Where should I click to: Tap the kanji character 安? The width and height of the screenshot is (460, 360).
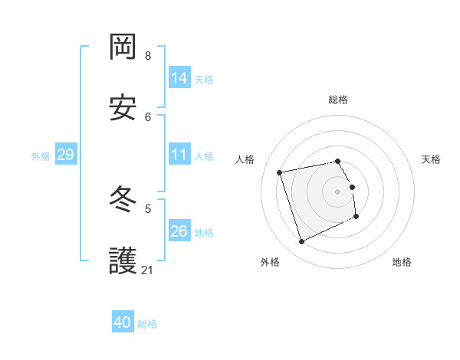pos(123,108)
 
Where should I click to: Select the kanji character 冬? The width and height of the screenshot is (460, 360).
pos(123,201)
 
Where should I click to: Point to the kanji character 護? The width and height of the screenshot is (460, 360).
pos(123,261)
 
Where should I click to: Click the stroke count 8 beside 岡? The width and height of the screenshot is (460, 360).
pos(148,56)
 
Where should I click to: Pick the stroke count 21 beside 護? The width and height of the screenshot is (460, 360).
pos(148,270)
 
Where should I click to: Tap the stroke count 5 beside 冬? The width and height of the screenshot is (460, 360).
pos(148,208)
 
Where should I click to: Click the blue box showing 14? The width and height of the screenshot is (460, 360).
pos(179,77)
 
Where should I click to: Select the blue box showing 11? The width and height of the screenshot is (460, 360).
pos(179,155)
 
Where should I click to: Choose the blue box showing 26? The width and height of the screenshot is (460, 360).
pos(179,231)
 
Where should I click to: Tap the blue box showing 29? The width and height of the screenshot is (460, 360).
pos(65,155)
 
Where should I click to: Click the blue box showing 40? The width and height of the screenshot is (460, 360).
pos(123,322)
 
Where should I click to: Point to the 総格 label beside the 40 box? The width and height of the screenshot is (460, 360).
pos(147,324)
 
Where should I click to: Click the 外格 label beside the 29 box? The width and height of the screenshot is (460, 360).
pos(41,156)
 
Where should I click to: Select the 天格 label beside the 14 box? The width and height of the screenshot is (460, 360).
pos(204,79)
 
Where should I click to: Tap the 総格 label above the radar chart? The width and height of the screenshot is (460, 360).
pos(338,100)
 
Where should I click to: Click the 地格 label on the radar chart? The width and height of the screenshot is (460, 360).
pos(402,262)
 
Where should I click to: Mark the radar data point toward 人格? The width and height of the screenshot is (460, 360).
pos(280,172)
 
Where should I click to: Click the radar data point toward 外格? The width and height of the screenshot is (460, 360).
pos(301,242)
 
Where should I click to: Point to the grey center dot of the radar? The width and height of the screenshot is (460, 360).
pos(338,191)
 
